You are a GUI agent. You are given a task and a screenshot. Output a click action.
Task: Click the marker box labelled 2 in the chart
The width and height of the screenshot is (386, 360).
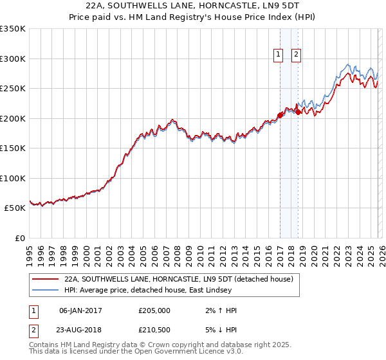pos(296,55)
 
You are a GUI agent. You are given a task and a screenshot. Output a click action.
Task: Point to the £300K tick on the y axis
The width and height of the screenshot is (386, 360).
pos(13,59)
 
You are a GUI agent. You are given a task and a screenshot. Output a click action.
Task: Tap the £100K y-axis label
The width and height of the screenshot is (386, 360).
pos(13,178)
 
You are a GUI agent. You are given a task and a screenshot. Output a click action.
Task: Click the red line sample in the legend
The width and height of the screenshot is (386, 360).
pos(45,279)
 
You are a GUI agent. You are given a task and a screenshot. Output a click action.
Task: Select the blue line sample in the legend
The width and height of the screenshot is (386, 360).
pos(45,290)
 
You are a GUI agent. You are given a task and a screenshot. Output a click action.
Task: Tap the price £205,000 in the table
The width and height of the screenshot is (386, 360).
pos(154,310)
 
